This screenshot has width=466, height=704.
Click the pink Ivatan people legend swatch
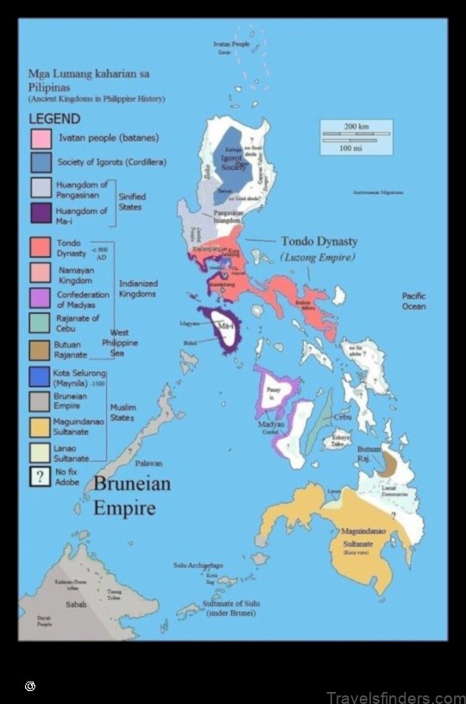click(x=41, y=138)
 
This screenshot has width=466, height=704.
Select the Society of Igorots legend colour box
click(x=41, y=162)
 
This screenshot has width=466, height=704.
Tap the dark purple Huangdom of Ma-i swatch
click(x=41, y=213)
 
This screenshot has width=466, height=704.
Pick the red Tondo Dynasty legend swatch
click(x=41, y=248)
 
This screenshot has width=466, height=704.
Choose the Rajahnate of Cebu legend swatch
click(x=41, y=322)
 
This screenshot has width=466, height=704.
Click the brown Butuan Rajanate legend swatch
click(x=41, y=349)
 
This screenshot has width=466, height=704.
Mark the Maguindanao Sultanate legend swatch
click(x=41, y=426)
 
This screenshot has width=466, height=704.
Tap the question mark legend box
click(x=41, y=477)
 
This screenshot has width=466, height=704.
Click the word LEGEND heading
click(x=54, y=119)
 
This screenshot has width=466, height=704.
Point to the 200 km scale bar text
click(x=356, y=127)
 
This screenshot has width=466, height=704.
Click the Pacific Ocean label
click(x=413, y=301)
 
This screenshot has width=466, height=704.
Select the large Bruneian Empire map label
click(x=131, y=495)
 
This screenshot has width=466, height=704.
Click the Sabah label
click(x=76, y=605)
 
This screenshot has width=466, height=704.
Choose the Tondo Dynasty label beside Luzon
click(x=318, y=242)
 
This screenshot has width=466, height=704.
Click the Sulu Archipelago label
click(x=198, y=565)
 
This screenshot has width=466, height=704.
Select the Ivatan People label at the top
click(x=231, y=43)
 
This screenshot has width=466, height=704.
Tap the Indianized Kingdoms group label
click(x=138, y=288)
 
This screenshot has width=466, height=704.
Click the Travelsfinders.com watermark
click(x=395, y=697)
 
